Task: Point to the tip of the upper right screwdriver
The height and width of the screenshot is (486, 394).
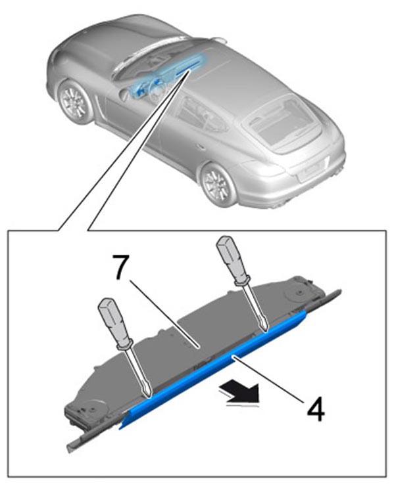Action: [266, 330]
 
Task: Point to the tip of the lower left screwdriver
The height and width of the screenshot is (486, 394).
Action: [149, 396]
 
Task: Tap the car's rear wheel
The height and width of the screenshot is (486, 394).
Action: [217, 185]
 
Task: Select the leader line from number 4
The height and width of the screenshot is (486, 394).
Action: [268, 378]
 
